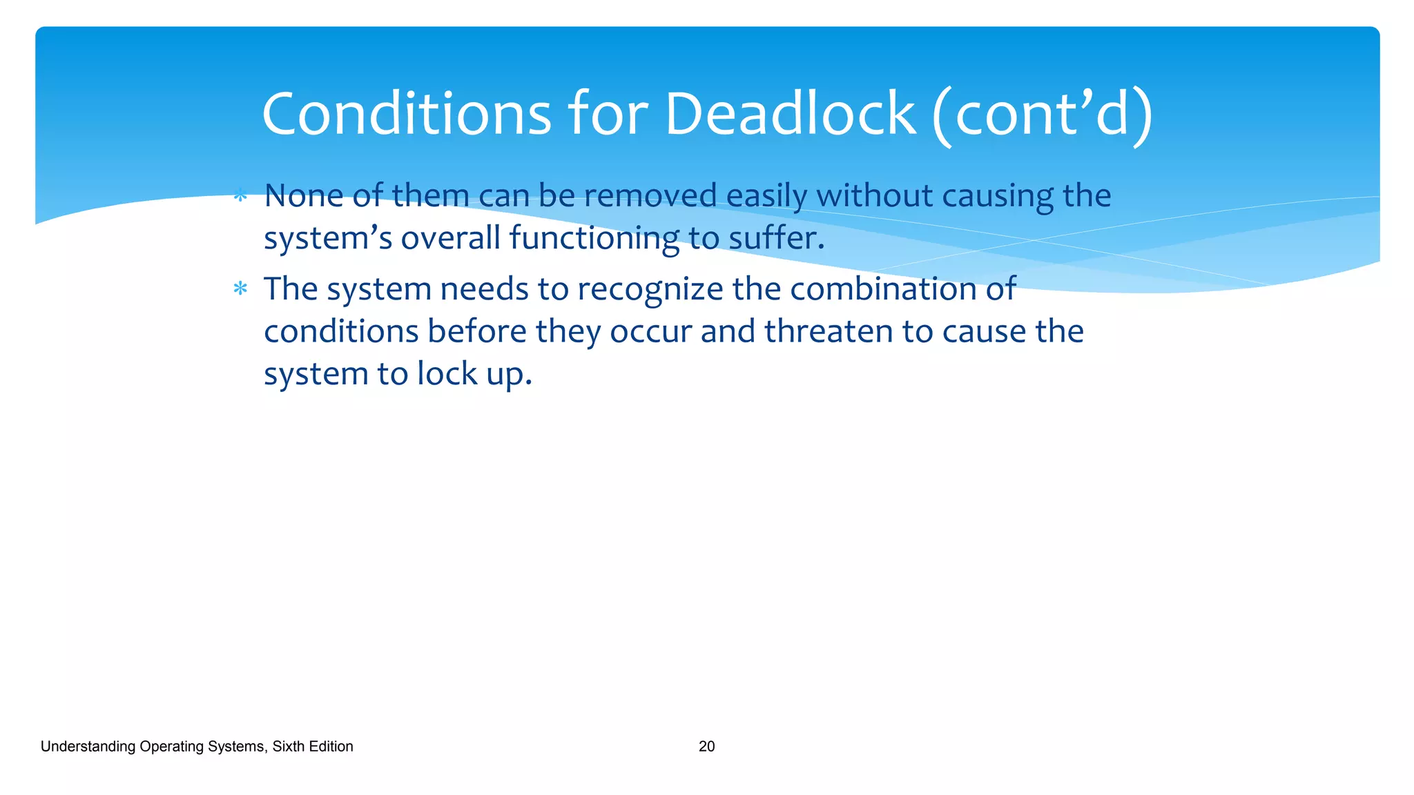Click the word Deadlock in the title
pos(790,114)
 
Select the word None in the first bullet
pos(304,195)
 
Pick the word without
pos(874,195)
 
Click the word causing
pos(997,197)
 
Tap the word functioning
pos(594,239)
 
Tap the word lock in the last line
pos(447,373)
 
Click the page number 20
pos(706,746)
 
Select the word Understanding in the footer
pos(88,747)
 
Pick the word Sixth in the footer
pos(287,746)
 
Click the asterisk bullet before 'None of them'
pos(240,197)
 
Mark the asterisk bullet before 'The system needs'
pos(240,288)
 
